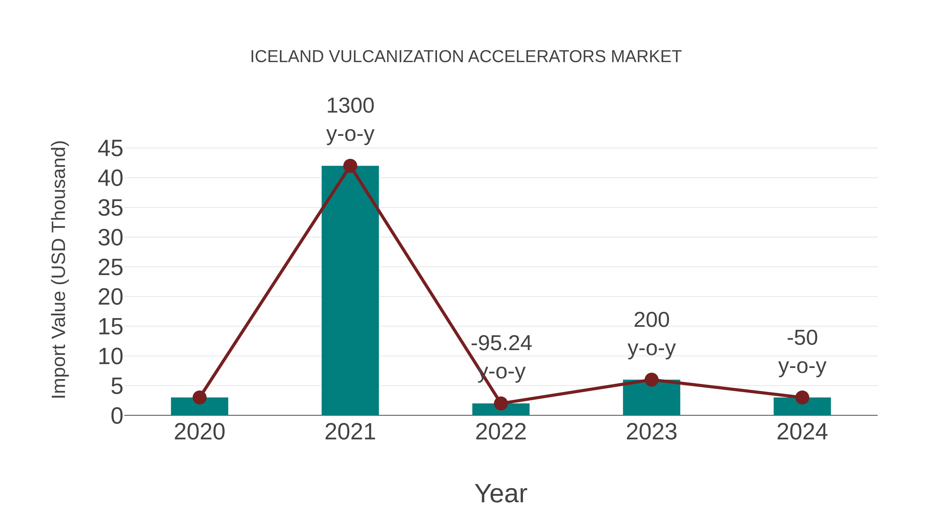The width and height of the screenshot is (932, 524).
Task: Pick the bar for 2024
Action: [x=802, y=407]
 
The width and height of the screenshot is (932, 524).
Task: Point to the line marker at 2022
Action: [x=501, y=403]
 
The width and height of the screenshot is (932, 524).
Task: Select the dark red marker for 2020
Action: [x=199, y=397]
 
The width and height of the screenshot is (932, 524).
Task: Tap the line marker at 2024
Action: [x=802, y=397]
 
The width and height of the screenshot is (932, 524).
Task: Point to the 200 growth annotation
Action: [x=651, y=320]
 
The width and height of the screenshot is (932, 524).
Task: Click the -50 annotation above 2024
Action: [x=802, y=338]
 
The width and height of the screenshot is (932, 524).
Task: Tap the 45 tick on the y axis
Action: [x=110, y=148]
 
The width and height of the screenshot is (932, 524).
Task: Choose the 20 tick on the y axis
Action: [x=110, y=297]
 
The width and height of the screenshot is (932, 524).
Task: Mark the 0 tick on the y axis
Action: [x=116, y=416]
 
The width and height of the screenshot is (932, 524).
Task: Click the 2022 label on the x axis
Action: [x=501, y=432]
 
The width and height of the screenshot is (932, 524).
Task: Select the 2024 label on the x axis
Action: [x=802, y=432]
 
